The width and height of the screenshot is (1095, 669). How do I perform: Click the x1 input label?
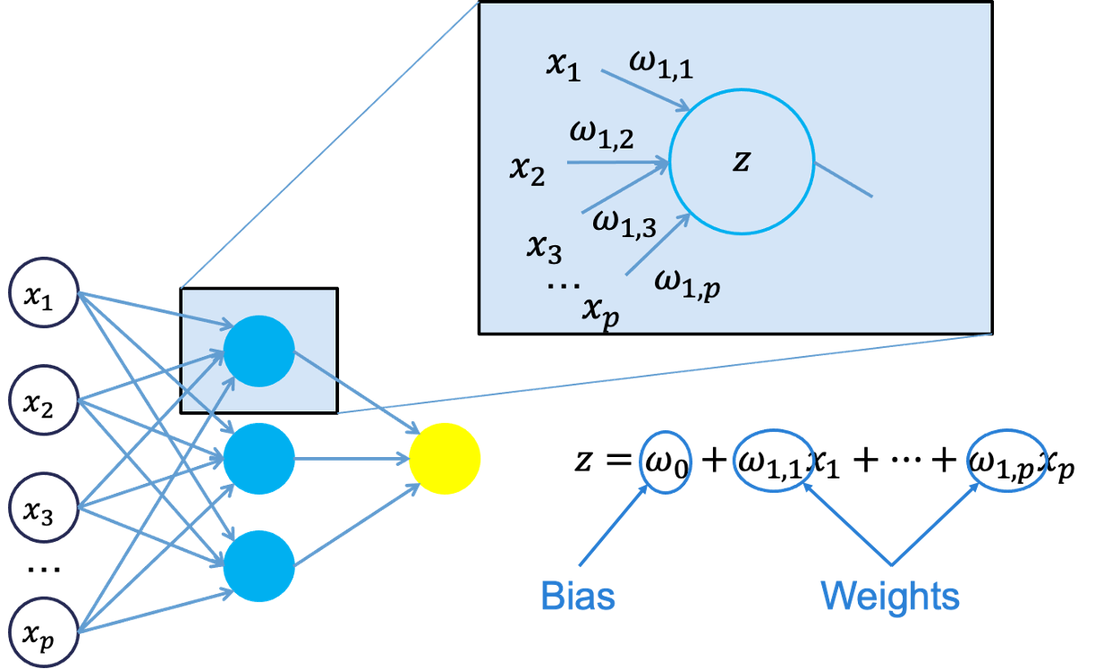click(x=564, y=67)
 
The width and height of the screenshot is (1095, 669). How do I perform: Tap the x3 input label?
click(x=543, y=248)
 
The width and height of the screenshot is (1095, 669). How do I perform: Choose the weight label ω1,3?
click(x=624, y=221)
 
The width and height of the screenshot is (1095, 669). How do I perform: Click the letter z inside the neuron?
click(x=741, y=162)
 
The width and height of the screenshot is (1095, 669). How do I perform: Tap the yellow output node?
click(x=445, y=459)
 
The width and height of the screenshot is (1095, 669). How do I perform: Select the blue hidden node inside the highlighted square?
click(x=259, y=351)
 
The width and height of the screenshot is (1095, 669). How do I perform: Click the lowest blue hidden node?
click(x=259, y=566)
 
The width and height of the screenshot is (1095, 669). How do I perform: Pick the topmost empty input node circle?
click(x=45, y=292)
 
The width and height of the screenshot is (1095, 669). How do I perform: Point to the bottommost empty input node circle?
click(x=45, y=633)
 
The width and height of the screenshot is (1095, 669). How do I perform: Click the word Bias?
click(x=578, y=596)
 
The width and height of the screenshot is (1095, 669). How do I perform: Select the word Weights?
click(x=890, y=596)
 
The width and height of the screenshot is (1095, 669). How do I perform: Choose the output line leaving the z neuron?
click(x=843, y=179)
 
